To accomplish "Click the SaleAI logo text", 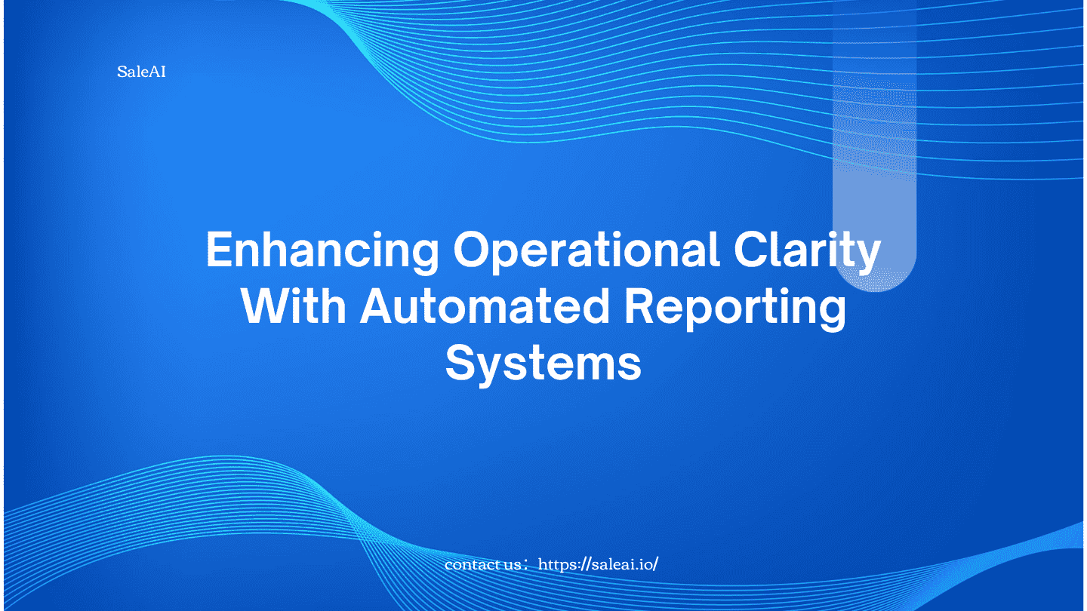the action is pos(141,72).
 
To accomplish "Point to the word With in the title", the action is pos(294,306).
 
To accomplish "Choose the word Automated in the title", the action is pos(485,306).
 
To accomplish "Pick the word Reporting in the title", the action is pos(735,309).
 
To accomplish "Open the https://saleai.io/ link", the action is pos(598,564).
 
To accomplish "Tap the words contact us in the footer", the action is pos(482,565).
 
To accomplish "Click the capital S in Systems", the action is pos(460,363).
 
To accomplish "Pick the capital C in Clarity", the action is pos(752,249).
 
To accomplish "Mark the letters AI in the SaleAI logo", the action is pos(158,72).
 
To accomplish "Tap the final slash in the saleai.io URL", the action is pos(655,564).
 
